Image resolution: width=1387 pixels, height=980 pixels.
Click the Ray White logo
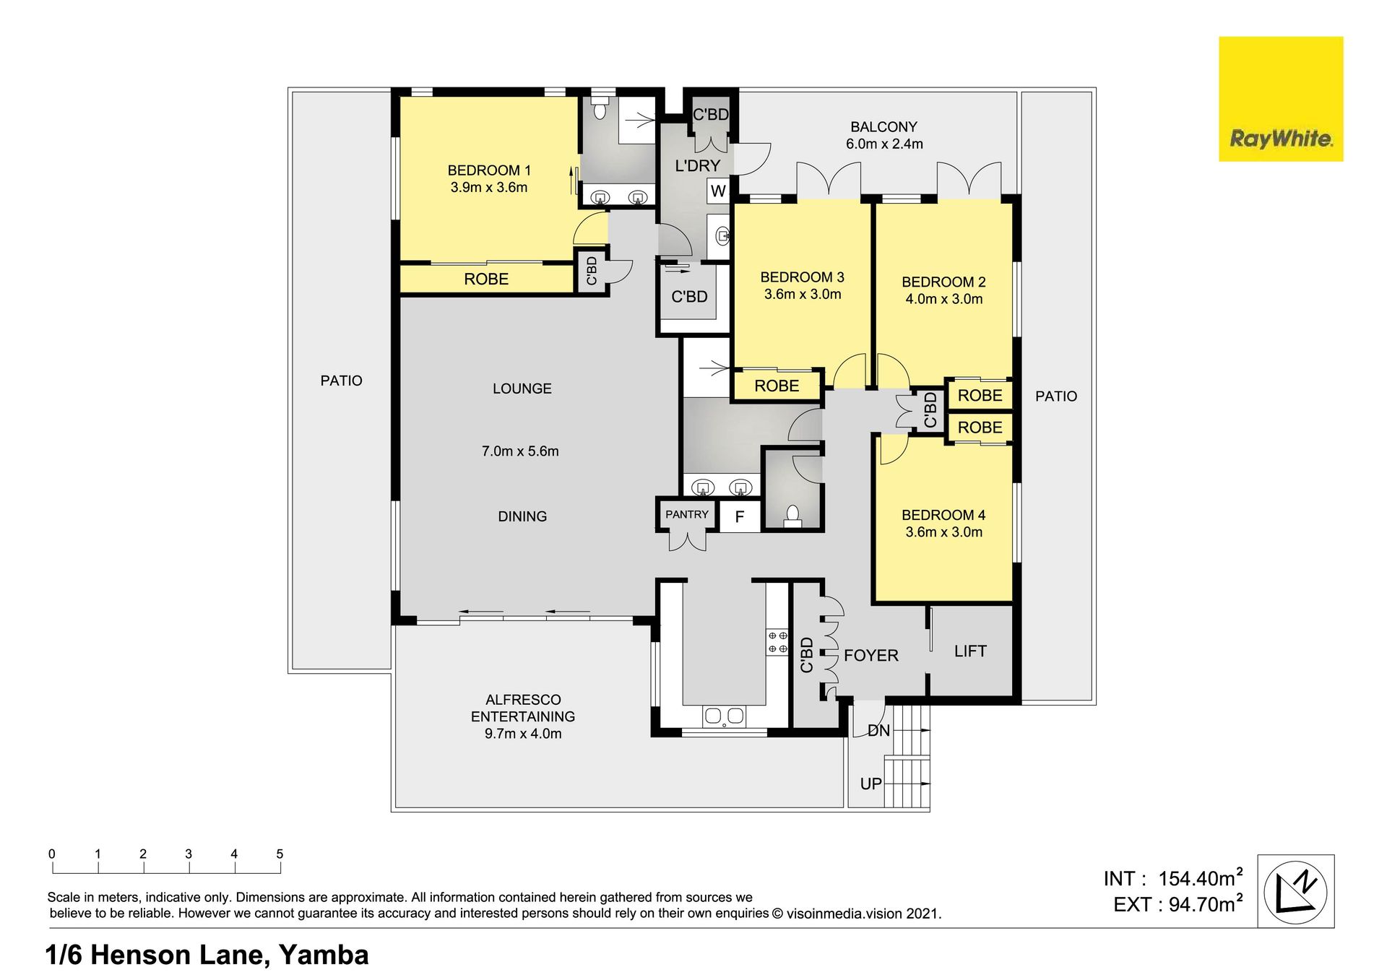tap(1281, 99)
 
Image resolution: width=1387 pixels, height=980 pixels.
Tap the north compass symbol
tap(1295, 891)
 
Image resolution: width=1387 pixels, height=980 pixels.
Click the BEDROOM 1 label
tap(489, 170)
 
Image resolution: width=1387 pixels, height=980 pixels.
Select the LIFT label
tap(970, 651)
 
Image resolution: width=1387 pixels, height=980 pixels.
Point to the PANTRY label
tap(687, 515)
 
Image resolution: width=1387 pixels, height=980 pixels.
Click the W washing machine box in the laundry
tap(718, 191)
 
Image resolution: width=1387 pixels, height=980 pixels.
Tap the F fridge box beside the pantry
tap(740, 516)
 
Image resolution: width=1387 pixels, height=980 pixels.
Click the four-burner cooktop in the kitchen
tap(777, 642)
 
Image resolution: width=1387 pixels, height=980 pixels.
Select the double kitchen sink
tap(724, 716)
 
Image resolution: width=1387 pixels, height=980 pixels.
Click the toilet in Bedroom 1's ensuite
tap(599, 108)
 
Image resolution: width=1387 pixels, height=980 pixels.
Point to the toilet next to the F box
tap(792, 517)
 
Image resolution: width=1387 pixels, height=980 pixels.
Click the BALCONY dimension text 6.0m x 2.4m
tap(884, 144)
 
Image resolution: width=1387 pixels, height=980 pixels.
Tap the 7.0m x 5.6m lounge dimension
tap(520, 451)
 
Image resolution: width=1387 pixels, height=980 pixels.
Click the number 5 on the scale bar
tap(280, 854)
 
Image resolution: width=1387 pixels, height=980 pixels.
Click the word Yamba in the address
tap(324, 955)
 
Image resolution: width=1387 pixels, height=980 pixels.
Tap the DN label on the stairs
tap(878, 731)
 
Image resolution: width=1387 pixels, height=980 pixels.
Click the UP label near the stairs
tap(871, 784)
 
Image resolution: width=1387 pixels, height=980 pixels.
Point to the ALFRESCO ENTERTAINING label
tap(523, 708)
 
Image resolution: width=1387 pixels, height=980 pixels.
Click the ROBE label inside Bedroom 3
tap(777, 386)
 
